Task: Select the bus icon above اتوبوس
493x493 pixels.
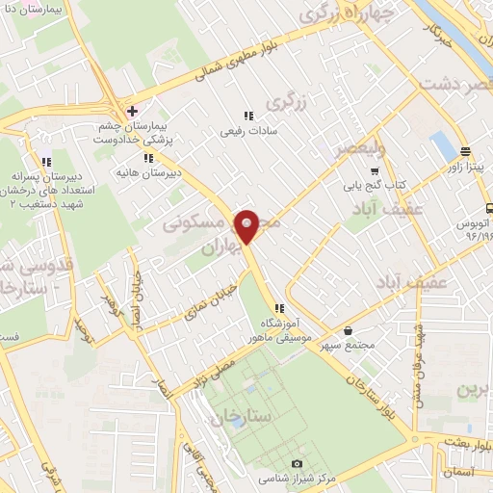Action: [x=490, y=207]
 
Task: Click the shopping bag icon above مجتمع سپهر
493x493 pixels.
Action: [x=371, y=329]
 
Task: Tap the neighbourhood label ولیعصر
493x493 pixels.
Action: [x=359, y=149]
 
